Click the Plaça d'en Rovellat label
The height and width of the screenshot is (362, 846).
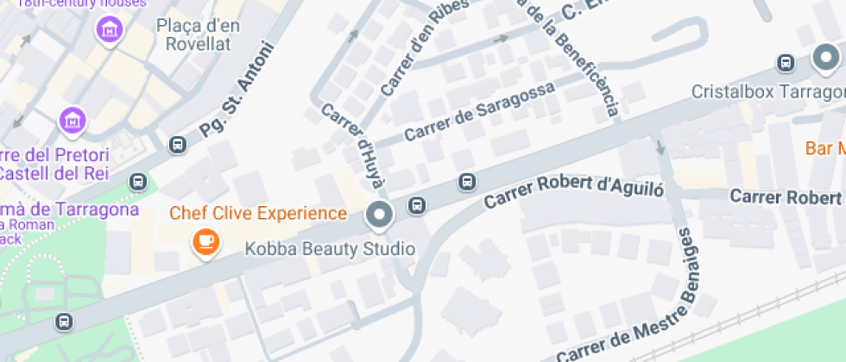click(x=198, y=34)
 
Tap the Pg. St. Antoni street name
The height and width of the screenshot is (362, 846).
click(x=236, y=90)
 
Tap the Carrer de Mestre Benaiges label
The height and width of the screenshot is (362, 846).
click(x=643, y=310)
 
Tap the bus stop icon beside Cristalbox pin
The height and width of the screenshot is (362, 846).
click(x=786, y=63)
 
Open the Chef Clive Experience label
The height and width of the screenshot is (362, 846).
click(x=258, y=213)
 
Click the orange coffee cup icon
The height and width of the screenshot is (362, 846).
click(x=205, y=241)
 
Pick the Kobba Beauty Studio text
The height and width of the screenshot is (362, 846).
click(x=331, y=249)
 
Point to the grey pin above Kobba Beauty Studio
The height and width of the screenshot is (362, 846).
click(x=378, y=215)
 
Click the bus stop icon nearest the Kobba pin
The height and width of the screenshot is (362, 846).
click(x=416, y=205)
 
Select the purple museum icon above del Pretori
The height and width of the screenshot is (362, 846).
click(x=73, y=121)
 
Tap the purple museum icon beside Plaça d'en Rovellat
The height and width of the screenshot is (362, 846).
click(x=110, y=32)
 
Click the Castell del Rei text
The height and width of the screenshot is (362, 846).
click(x=54, y=172)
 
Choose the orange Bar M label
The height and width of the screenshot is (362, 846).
click(x=824, y=148)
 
